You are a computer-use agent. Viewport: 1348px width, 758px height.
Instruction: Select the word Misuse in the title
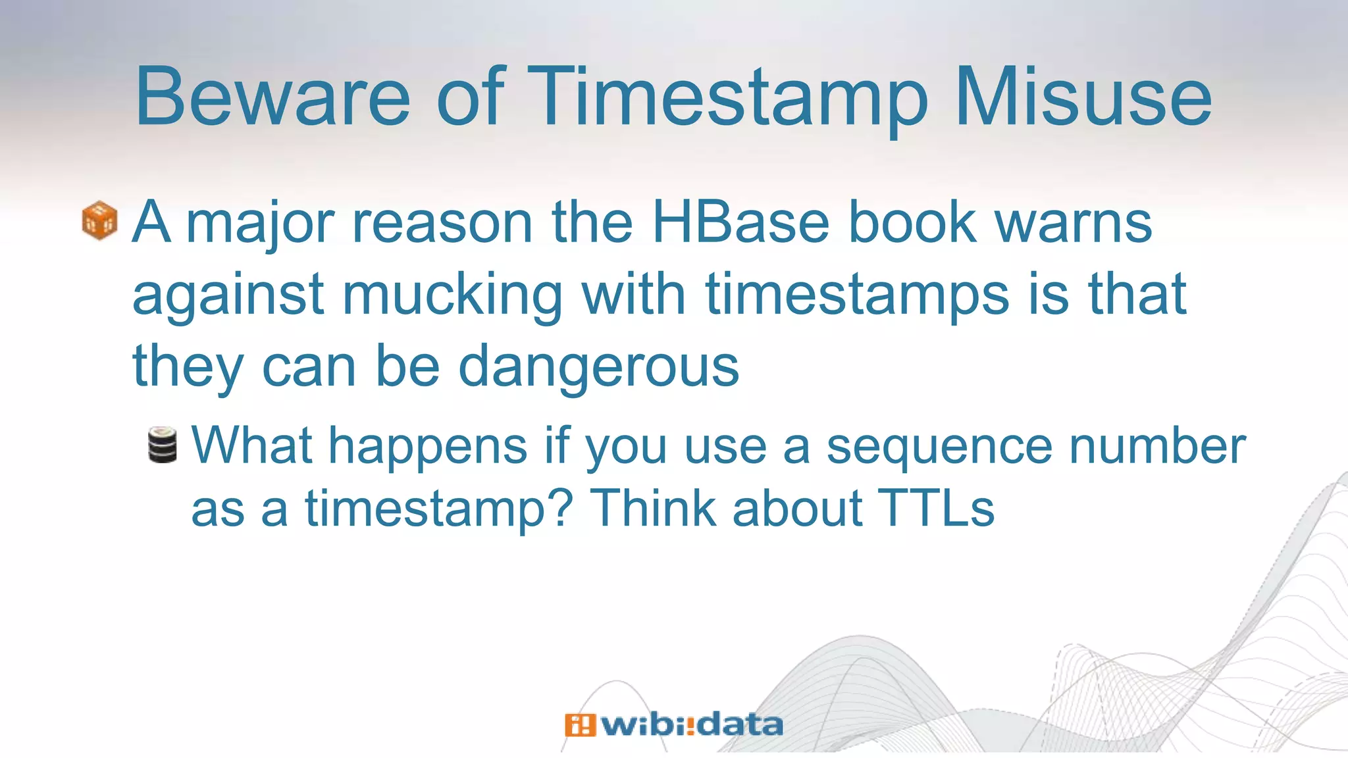pyautogui.click(x=1083, y=97)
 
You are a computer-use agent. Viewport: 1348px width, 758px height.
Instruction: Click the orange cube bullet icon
pyautogui.click(x=99, y=220)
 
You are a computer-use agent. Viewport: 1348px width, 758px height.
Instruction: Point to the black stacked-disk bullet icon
pyautogui.click(x=162, y=445)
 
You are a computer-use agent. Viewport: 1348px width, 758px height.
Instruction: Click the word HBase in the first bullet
pyautogui.click(x=740, y=222)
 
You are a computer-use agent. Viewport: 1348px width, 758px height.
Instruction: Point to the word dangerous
pyautogui.click(x=598, y=367)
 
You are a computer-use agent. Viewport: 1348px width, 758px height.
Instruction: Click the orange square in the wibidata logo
pyautogui.click(x=579, y=725)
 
